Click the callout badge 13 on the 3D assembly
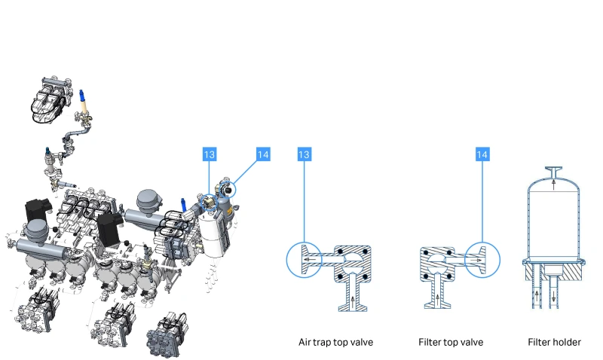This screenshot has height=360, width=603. [x=209, y=154]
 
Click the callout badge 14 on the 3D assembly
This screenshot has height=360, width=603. [x=262, y=154]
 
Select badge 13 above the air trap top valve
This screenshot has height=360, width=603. [x=305, y=154]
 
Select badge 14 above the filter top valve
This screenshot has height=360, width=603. [x=482, y=154]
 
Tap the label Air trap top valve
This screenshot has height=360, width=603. [x=335, y=342]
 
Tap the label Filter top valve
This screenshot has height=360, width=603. [x=451, y=342]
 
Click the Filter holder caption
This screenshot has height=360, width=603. [x=554, y=342]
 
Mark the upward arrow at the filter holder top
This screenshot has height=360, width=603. [x=554, y=182]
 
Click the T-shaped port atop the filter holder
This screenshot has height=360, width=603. [x=554, y=170]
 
